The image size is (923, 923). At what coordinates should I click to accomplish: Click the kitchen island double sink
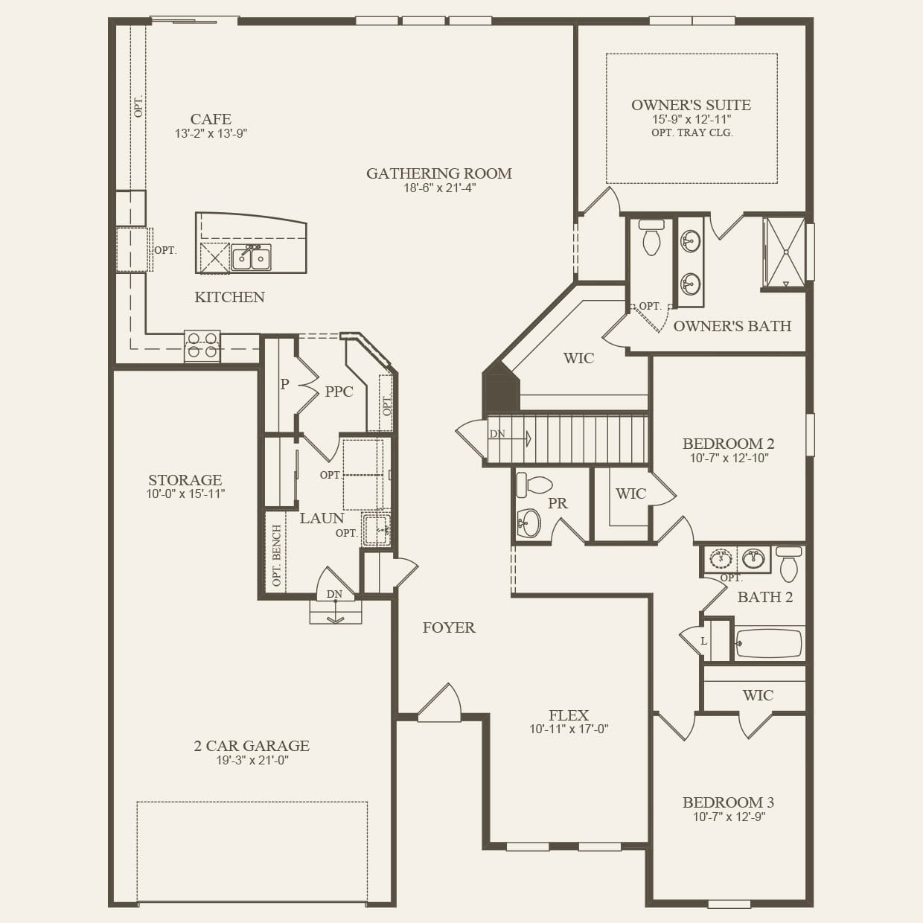[x=251, y=258]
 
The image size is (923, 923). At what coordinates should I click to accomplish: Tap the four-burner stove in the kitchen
[x=202, y=346]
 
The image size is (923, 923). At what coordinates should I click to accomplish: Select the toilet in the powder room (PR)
[x=534, y=485]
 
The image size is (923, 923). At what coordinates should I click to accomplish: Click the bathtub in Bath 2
[x=768, y=643]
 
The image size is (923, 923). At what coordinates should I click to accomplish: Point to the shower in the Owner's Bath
[x=785, y=252]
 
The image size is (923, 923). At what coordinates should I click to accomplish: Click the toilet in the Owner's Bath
[x=651, y=237]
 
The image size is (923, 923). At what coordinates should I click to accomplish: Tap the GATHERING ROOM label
[x=439, y=173]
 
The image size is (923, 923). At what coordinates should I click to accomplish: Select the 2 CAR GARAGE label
[x=252, y=745]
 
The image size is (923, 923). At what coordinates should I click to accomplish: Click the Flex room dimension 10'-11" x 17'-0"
[x=569, y=729]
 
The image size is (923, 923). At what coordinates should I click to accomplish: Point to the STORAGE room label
[x=185, y=479]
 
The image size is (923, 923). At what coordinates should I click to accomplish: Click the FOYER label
[x=449, y=627]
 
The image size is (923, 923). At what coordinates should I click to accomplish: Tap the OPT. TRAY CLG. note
[x=692, y=132]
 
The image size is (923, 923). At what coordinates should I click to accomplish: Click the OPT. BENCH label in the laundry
[x=277, y=555]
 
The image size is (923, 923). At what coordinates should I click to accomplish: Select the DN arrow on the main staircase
[x=511, y=438]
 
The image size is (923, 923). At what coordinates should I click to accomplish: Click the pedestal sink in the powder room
[x=528, y=523]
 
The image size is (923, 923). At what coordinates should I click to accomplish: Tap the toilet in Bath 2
[x=789, y=563]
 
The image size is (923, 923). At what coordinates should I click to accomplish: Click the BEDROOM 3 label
[x=729, y=802]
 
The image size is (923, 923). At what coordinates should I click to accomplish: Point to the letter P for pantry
[x=284, y=383]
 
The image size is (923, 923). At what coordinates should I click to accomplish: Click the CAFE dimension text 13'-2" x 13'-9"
[x=211, y=133]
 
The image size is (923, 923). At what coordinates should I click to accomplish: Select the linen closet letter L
[x=703, y=641]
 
